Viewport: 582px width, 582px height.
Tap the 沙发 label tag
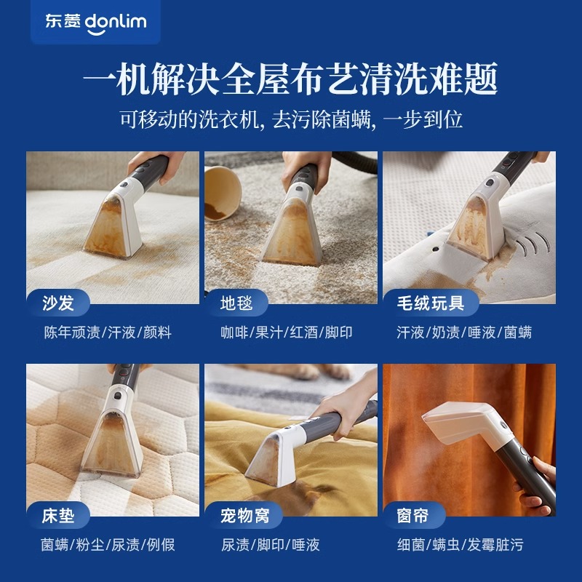tap(57, 303)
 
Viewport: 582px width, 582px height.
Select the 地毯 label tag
tap(236, 303)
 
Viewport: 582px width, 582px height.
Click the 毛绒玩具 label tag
tap(431, 303)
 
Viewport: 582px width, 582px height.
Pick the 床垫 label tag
tap(57, 516)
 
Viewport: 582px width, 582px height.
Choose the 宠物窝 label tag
tap(244, 516)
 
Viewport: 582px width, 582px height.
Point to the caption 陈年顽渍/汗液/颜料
tap(107, 332)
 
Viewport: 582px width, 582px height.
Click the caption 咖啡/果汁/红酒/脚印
tap(287, 332)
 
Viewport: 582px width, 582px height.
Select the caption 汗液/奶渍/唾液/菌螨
tap(464, 332)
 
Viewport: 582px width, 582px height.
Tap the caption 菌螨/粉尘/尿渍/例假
tap(107, 545)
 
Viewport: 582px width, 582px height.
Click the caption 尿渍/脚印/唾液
tap(270, 545)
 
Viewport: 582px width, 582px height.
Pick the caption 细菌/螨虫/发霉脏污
tap(460, 545)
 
